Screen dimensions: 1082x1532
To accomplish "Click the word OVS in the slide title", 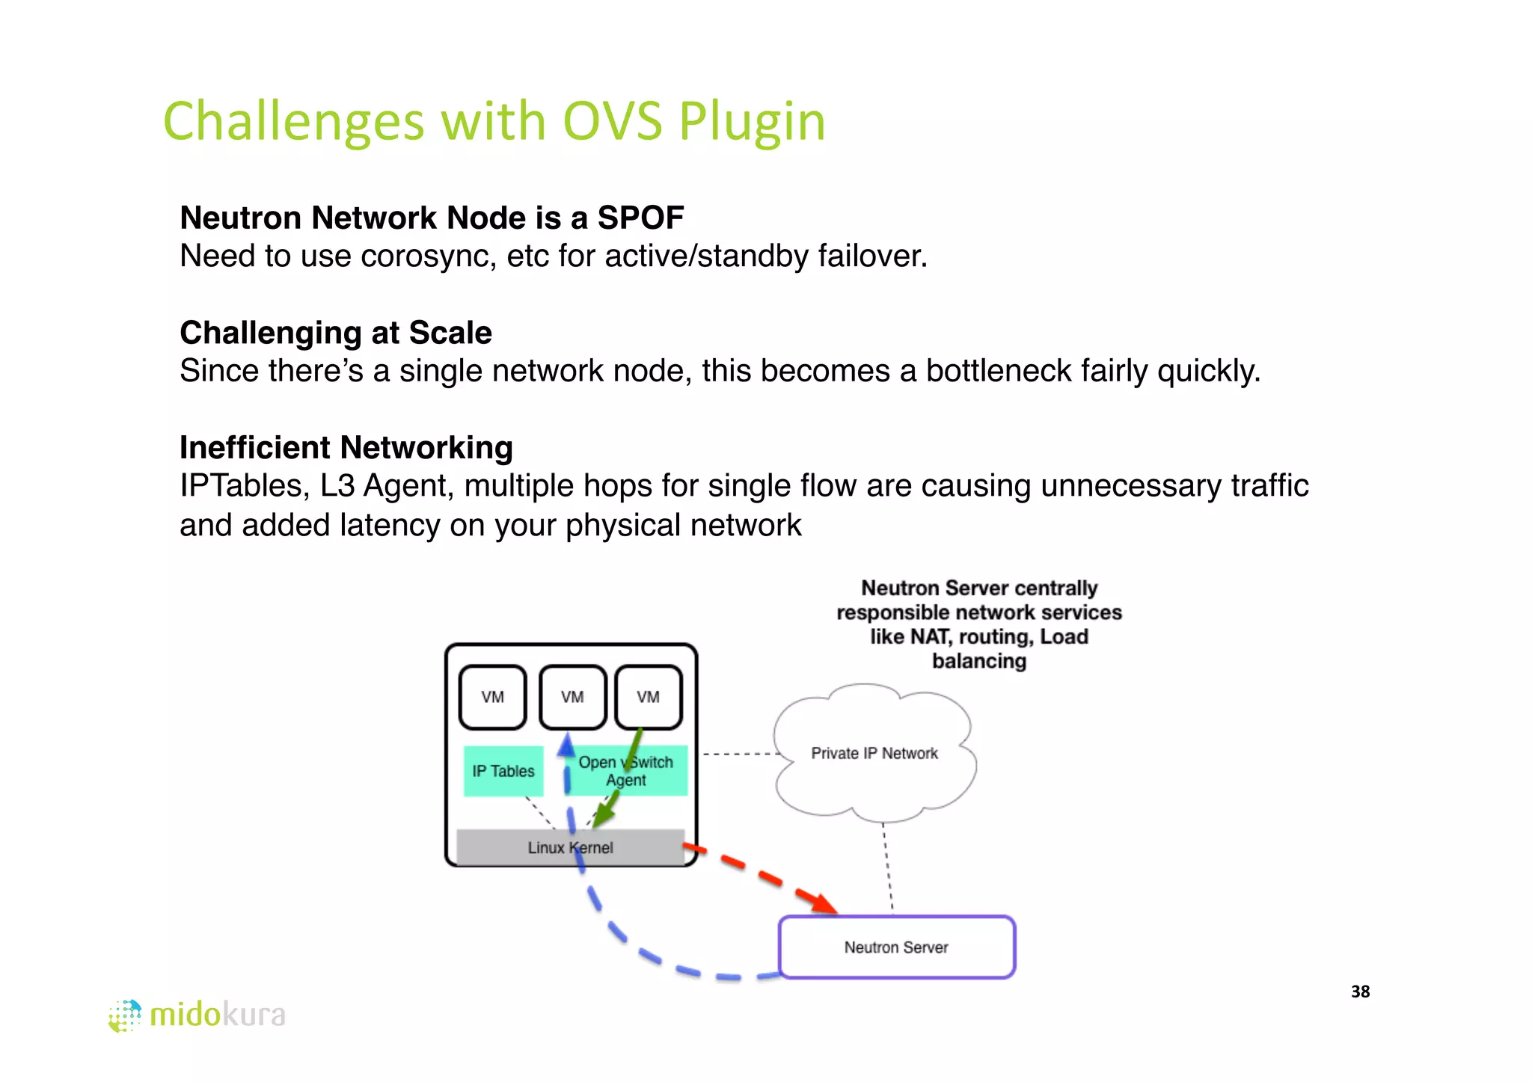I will click(612, 121).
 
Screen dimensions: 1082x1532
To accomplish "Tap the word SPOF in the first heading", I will click(640, 218).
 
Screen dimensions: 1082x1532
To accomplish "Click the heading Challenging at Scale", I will click(336, 333).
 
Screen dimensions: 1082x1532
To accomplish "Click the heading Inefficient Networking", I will click(346, 448).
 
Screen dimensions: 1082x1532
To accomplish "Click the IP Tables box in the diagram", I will click(503, 771).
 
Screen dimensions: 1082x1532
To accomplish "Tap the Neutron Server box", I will click(896, 947).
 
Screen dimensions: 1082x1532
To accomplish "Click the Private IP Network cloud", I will click(874, 753).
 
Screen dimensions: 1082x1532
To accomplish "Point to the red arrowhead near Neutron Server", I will click(825, 903).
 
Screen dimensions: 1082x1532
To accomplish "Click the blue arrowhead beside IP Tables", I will click(566, 745).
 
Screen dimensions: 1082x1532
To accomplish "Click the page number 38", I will click(1360, 992).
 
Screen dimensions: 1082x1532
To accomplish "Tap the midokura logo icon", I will click(125, 1015).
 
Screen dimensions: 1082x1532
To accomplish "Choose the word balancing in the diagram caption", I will click(978, 661).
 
